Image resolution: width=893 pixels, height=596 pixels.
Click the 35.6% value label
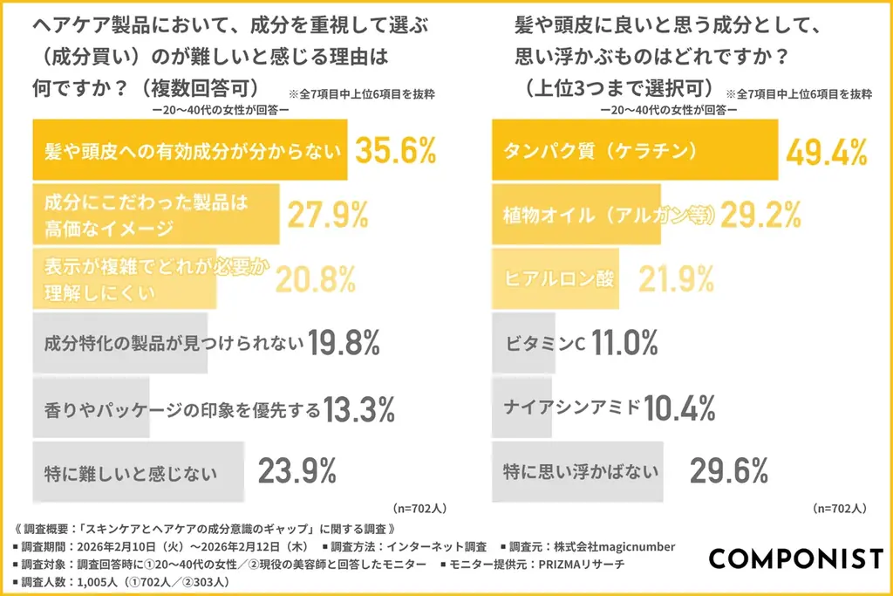[395, 150]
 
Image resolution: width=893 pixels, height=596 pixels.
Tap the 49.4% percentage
[826, 150]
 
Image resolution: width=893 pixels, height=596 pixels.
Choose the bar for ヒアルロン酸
[556, 278]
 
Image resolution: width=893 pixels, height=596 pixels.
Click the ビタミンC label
[543, 343]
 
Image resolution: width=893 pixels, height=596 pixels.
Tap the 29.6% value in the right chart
[728, 471]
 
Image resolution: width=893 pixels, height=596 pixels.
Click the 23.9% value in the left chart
[297, 471]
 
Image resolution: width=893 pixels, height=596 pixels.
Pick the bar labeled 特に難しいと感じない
[135, 473]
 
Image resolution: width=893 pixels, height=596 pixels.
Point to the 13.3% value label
[359, 408]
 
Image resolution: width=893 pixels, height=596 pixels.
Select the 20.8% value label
[316, 278]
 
